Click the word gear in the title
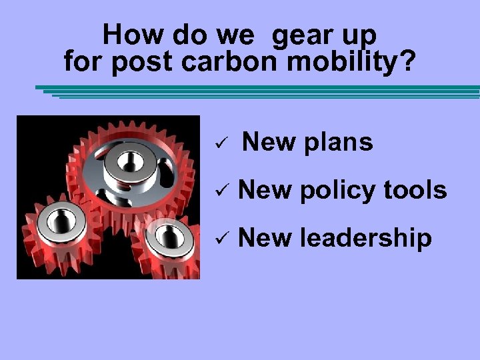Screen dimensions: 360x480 point(304,35)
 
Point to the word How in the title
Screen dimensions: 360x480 point(129,34)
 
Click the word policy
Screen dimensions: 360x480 point(337,191)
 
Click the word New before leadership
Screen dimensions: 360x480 point(264,238)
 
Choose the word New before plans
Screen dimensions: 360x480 point(268,142)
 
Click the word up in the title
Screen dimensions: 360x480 point(360,35)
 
